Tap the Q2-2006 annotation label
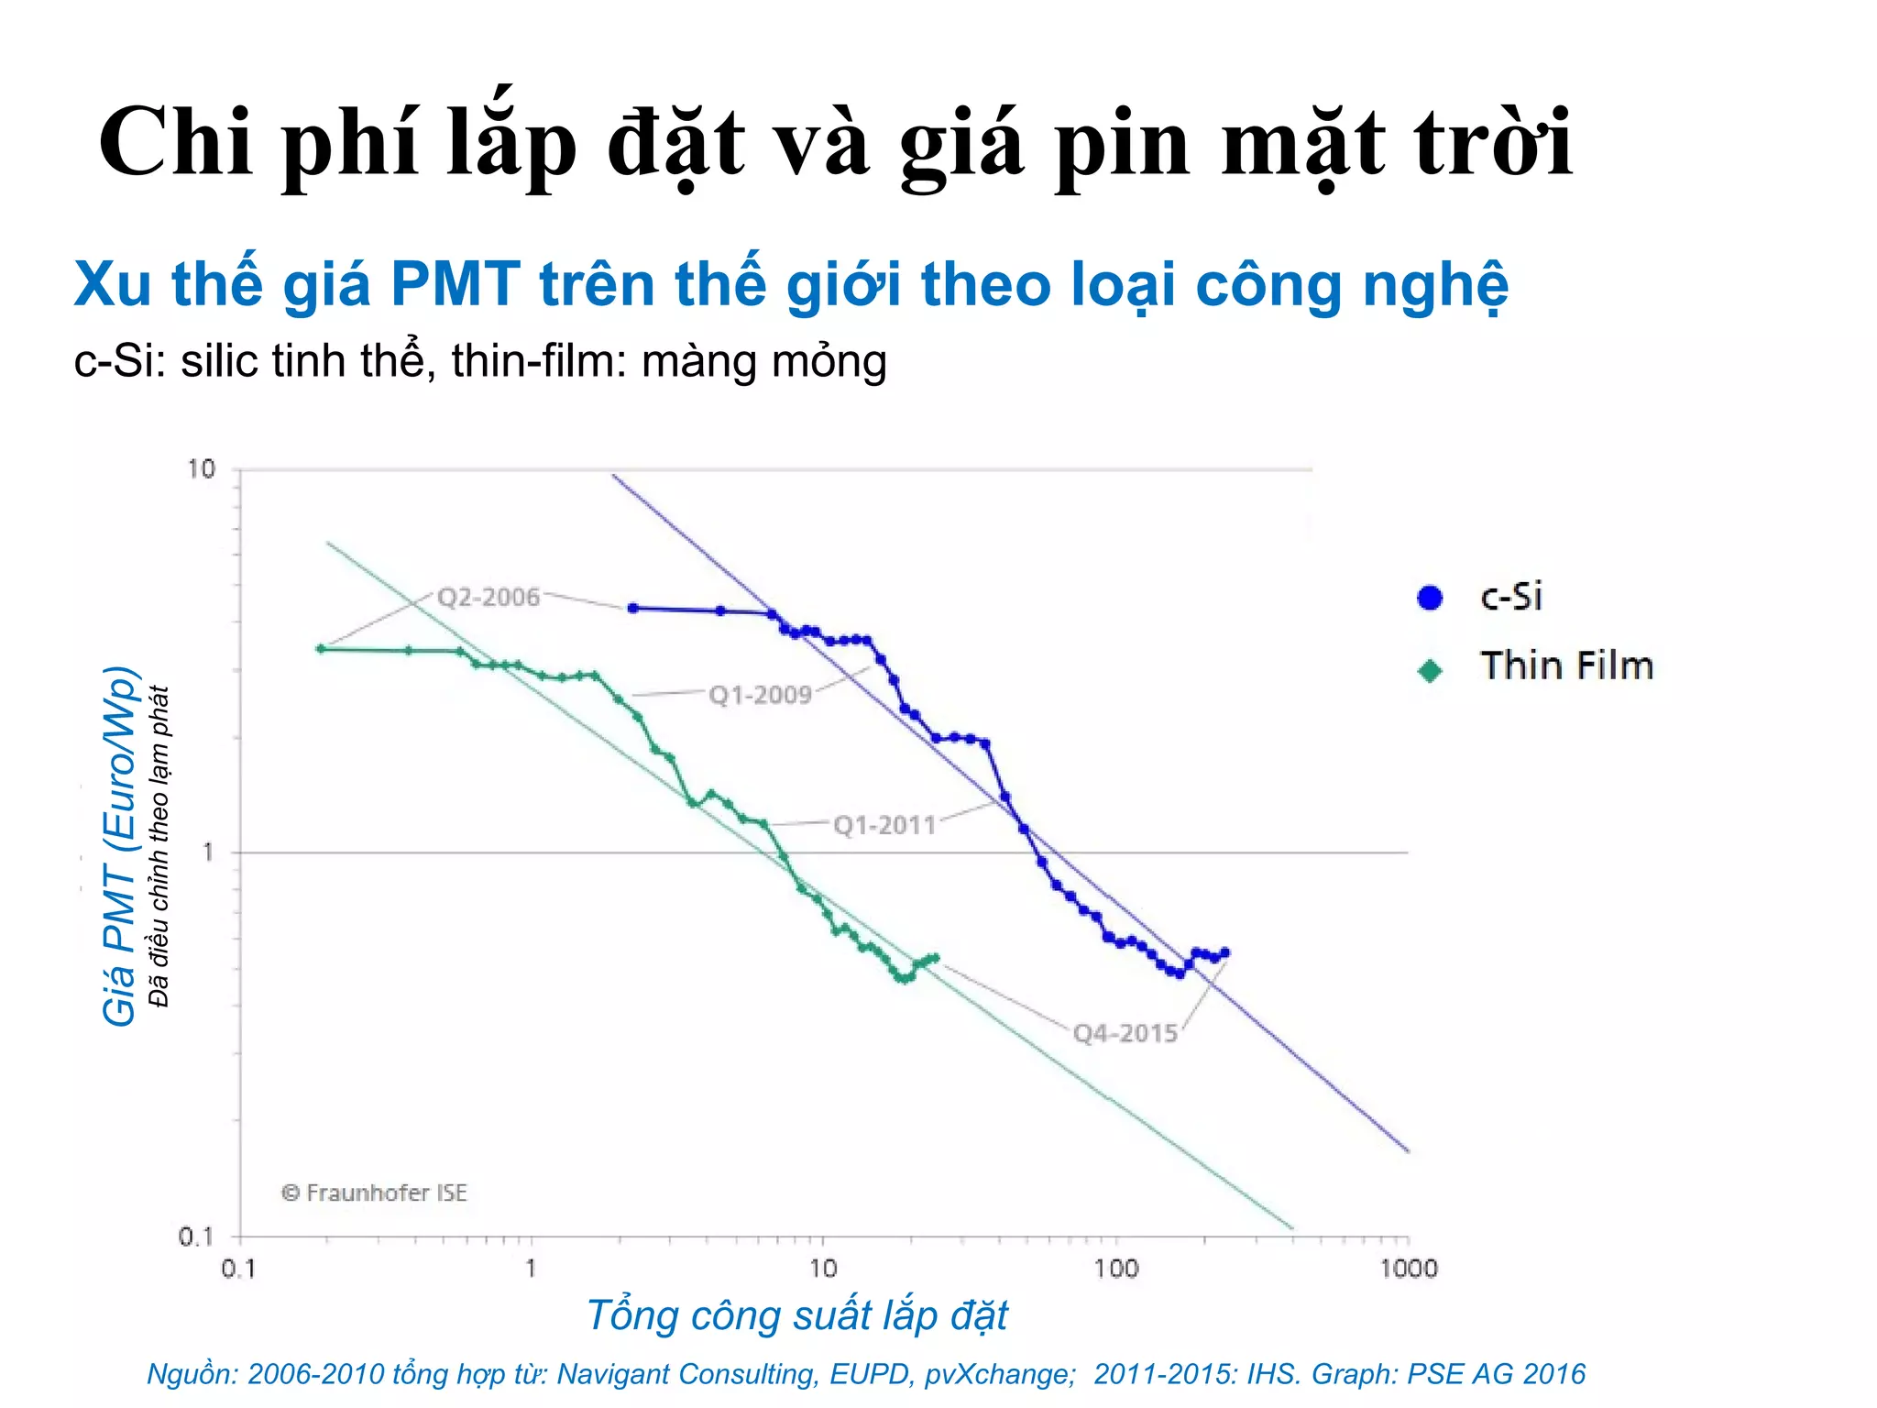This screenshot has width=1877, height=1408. (488, 598)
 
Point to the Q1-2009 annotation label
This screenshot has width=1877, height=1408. (760, 695)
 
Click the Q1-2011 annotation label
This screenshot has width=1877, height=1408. (884, 825)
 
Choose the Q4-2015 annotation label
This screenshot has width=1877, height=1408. (1125, 1034)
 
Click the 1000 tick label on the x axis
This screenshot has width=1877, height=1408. (1408, 1270)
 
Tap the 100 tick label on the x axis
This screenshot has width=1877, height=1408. (1115, 1270)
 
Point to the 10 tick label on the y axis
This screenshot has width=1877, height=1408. (201, 469)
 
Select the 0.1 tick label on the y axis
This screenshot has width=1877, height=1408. (195, 1237)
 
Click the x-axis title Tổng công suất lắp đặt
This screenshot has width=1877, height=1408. (796, 1315)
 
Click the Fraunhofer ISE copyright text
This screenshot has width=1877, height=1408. (374, 1193)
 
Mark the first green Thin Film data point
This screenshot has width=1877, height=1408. (321, 649)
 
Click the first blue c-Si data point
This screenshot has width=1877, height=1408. (632, 609)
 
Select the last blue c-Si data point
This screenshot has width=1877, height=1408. (1225, 952)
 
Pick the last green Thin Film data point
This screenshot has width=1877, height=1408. (935, 958)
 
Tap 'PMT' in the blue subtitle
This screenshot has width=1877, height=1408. (455, 284)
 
